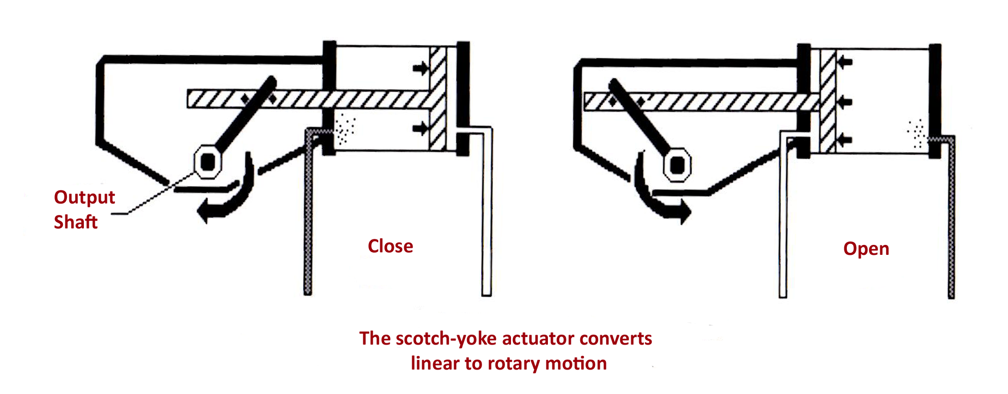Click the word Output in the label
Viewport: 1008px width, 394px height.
click(x=84, y=197)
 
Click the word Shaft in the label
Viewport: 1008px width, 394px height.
click(x=76, y=222)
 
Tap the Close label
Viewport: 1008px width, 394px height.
click(x=390, y=246)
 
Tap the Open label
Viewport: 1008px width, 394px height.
click(x=866, y=249)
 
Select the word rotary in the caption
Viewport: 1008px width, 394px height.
click(x=514, y=364)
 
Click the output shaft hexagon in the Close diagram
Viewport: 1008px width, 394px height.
click(x=208, y=161)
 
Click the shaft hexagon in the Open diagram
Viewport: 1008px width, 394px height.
click(x=677, y=164)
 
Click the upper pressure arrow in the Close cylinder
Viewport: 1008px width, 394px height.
click(x=421, y=68)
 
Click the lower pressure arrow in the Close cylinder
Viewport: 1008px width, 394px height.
click(x=421, y=128)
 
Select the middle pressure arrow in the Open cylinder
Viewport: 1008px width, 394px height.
click(x=845, y=102)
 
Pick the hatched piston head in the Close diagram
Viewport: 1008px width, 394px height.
click(x=438, y=98)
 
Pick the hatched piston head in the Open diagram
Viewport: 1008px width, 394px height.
click(x=828, y=101)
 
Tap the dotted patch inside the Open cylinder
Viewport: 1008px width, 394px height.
click(x=916, y=133)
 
